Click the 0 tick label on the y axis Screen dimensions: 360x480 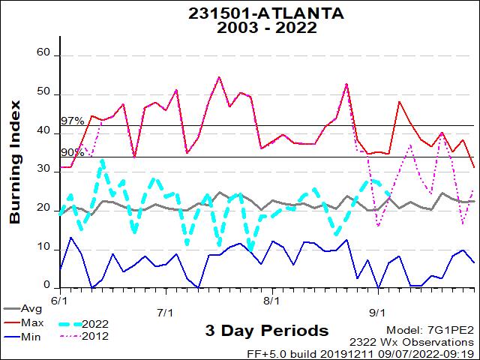[x=46, y=286]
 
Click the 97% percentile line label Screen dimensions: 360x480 [x=73, y=121]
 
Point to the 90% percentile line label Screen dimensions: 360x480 [x=73, y=152]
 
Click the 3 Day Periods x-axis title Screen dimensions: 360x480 [x=266, y=331]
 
